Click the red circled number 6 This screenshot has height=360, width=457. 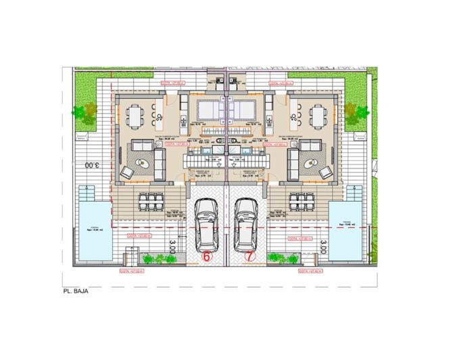(208, 257)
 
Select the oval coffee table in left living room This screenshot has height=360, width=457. (143, 163)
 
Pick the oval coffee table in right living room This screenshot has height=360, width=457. (312, 163)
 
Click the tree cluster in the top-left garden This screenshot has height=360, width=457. (87, 108)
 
